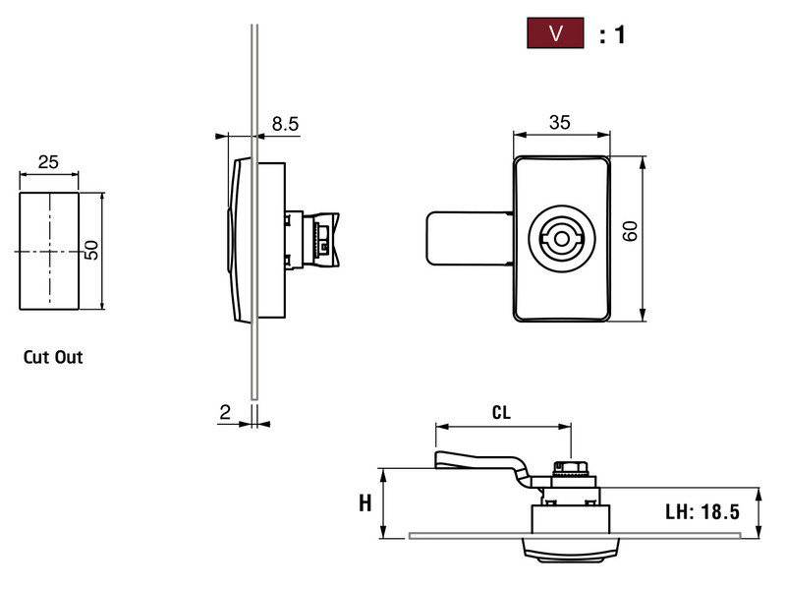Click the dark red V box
tap(556, 34)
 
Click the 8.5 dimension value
tap(285, 124)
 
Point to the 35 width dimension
tap(559, 124)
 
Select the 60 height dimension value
tap(631, 232)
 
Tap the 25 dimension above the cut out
tap(48, 161)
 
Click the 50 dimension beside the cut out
tap(90, 250)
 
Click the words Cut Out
tap(53, 357)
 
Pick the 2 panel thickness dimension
tap(225, 414)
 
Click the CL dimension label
tap(501, 415)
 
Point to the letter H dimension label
tap(365, 503)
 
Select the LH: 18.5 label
tap(702, 511)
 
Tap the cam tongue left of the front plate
tap(467, 239)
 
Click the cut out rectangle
tap(48, 251)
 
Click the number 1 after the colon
tap(619, 35)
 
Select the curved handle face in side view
tap(235, 239)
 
